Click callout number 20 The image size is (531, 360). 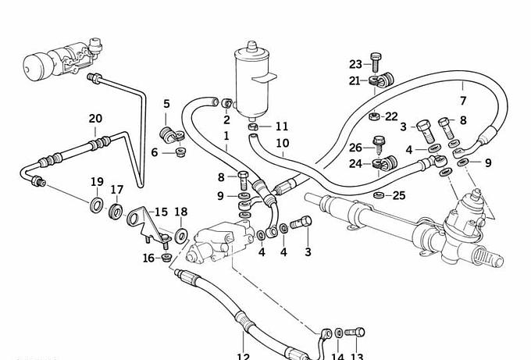[x=95, y=119]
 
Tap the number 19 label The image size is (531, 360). [x=97, y=182]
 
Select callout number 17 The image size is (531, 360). [x=117, y=189]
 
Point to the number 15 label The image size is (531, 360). [x=161, y=212]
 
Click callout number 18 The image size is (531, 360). [x=181, y=212]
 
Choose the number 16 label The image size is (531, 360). [x=148, y=258]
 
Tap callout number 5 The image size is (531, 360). [x=166, y=104]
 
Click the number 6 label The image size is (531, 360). [x=155, y=152]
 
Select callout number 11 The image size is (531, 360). [x=281, y=126]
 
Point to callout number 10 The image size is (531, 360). [x=282, y=144]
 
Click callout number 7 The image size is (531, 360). [x=462, y=102]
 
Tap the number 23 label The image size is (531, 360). [x=356, y=64]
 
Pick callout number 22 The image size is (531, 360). [x=391, y=116]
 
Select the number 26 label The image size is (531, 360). [x=356, y=148]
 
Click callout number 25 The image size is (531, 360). [x=398, y=194]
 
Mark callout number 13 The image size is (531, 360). [x=357, y=356]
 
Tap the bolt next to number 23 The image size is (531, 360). [x=376, y=59]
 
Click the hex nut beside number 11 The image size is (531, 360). [x=254, y=126]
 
